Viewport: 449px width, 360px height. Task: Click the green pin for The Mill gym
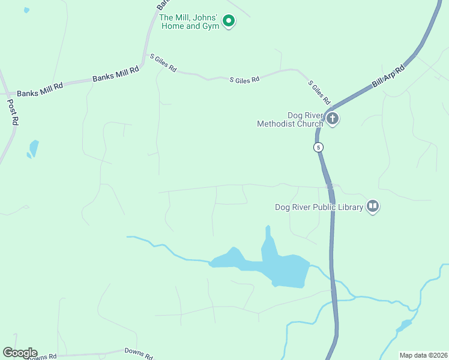point(228,21)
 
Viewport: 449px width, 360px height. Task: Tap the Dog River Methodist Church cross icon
point(332,118)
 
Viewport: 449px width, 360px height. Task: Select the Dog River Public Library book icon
point(373,206)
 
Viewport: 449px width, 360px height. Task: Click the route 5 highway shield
point(319,147)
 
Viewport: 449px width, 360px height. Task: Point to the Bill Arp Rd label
point(389,76)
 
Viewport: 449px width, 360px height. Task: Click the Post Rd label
point(13,112)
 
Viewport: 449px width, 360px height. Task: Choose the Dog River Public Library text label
point(319,207)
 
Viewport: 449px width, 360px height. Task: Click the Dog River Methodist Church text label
point(289,119)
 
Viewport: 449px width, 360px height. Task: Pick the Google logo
point(20,353)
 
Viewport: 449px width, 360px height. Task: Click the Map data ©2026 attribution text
point(423,355)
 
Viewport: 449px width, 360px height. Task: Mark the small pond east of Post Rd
point(34,148)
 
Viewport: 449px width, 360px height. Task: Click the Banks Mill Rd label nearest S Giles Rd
point(115,74)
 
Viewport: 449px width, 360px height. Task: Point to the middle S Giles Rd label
point(244,79)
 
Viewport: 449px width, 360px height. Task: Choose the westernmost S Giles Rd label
point(163,62)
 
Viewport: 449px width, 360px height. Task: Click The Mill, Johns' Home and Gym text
point(188,22)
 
